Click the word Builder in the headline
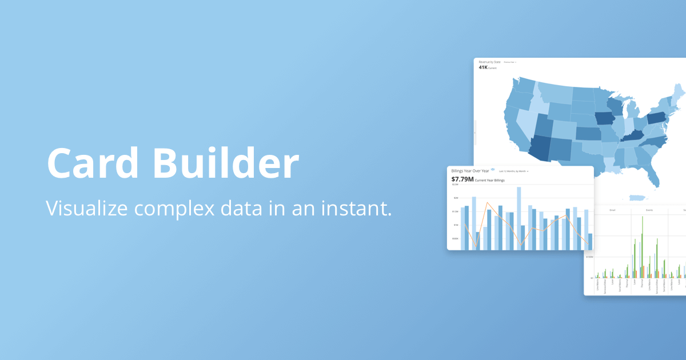click(x=226, y=164)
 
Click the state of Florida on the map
click(x=652, y=174)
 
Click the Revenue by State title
click(x=489, y=62)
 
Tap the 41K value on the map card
click(x=483, y=67)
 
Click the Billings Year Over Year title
click(x=470, y=171)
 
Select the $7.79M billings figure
click(x=462, y=179)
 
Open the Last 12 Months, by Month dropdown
click(x=513, y=171)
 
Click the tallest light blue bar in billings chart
click(x=519, y=218)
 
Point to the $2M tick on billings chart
click(x=456, y=198)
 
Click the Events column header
click(x=649, y=210)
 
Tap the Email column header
click(x=612, y=210)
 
